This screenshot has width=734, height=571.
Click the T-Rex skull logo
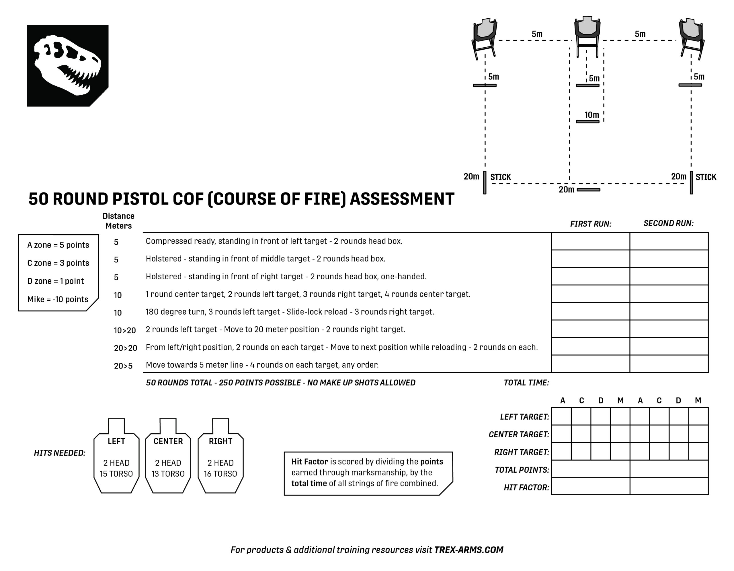click(x=68, y=66)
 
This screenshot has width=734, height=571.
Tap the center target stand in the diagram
click(x=587, y=36)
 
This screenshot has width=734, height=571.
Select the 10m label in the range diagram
click(x=592, y=115)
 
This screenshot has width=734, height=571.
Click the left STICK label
click(x=500, y=177)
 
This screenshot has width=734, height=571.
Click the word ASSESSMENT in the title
click(x=402, y=199)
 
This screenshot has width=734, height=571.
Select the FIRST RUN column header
click(x=590, y=224)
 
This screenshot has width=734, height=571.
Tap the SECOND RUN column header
click(x=668, y=223)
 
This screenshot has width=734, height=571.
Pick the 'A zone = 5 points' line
click(x=58, y=245)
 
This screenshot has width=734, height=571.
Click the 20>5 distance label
click(x=123, y=366)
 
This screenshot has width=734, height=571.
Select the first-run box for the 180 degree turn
click(x=590, y=311)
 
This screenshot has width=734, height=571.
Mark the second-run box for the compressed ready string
click(x=669, y=241)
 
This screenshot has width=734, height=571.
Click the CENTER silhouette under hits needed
click(x=168, y=457)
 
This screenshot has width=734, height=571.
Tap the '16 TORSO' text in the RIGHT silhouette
click(x=220, y=474)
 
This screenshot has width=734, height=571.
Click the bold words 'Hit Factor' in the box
click(x=310, y=462)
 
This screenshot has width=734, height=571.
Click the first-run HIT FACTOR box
click(x=590, y=486)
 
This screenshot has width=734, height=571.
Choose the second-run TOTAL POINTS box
click(x=669, y=469)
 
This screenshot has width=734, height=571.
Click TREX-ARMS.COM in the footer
click(x=468, y=550)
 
